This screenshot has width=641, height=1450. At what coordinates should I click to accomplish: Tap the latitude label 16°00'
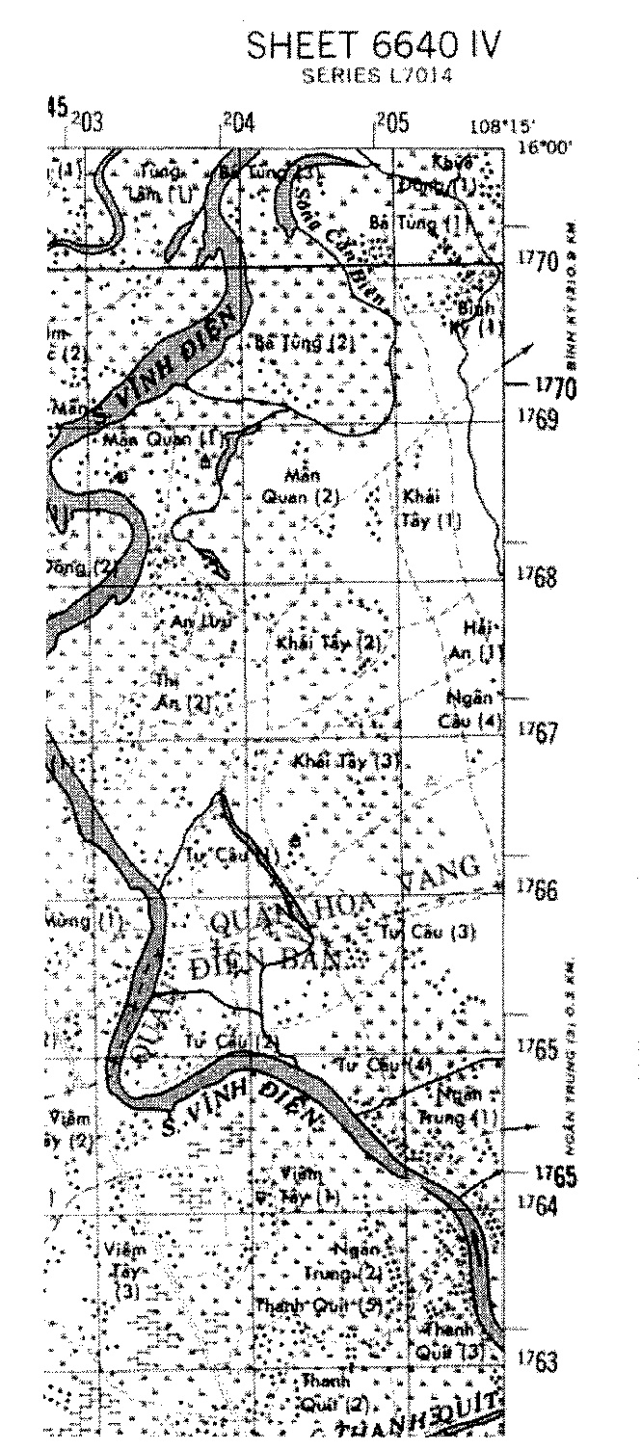540,146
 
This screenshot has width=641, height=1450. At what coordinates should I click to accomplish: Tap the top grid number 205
391,123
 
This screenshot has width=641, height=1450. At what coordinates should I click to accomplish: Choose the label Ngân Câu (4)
471,708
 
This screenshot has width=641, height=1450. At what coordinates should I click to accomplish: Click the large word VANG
439,868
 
